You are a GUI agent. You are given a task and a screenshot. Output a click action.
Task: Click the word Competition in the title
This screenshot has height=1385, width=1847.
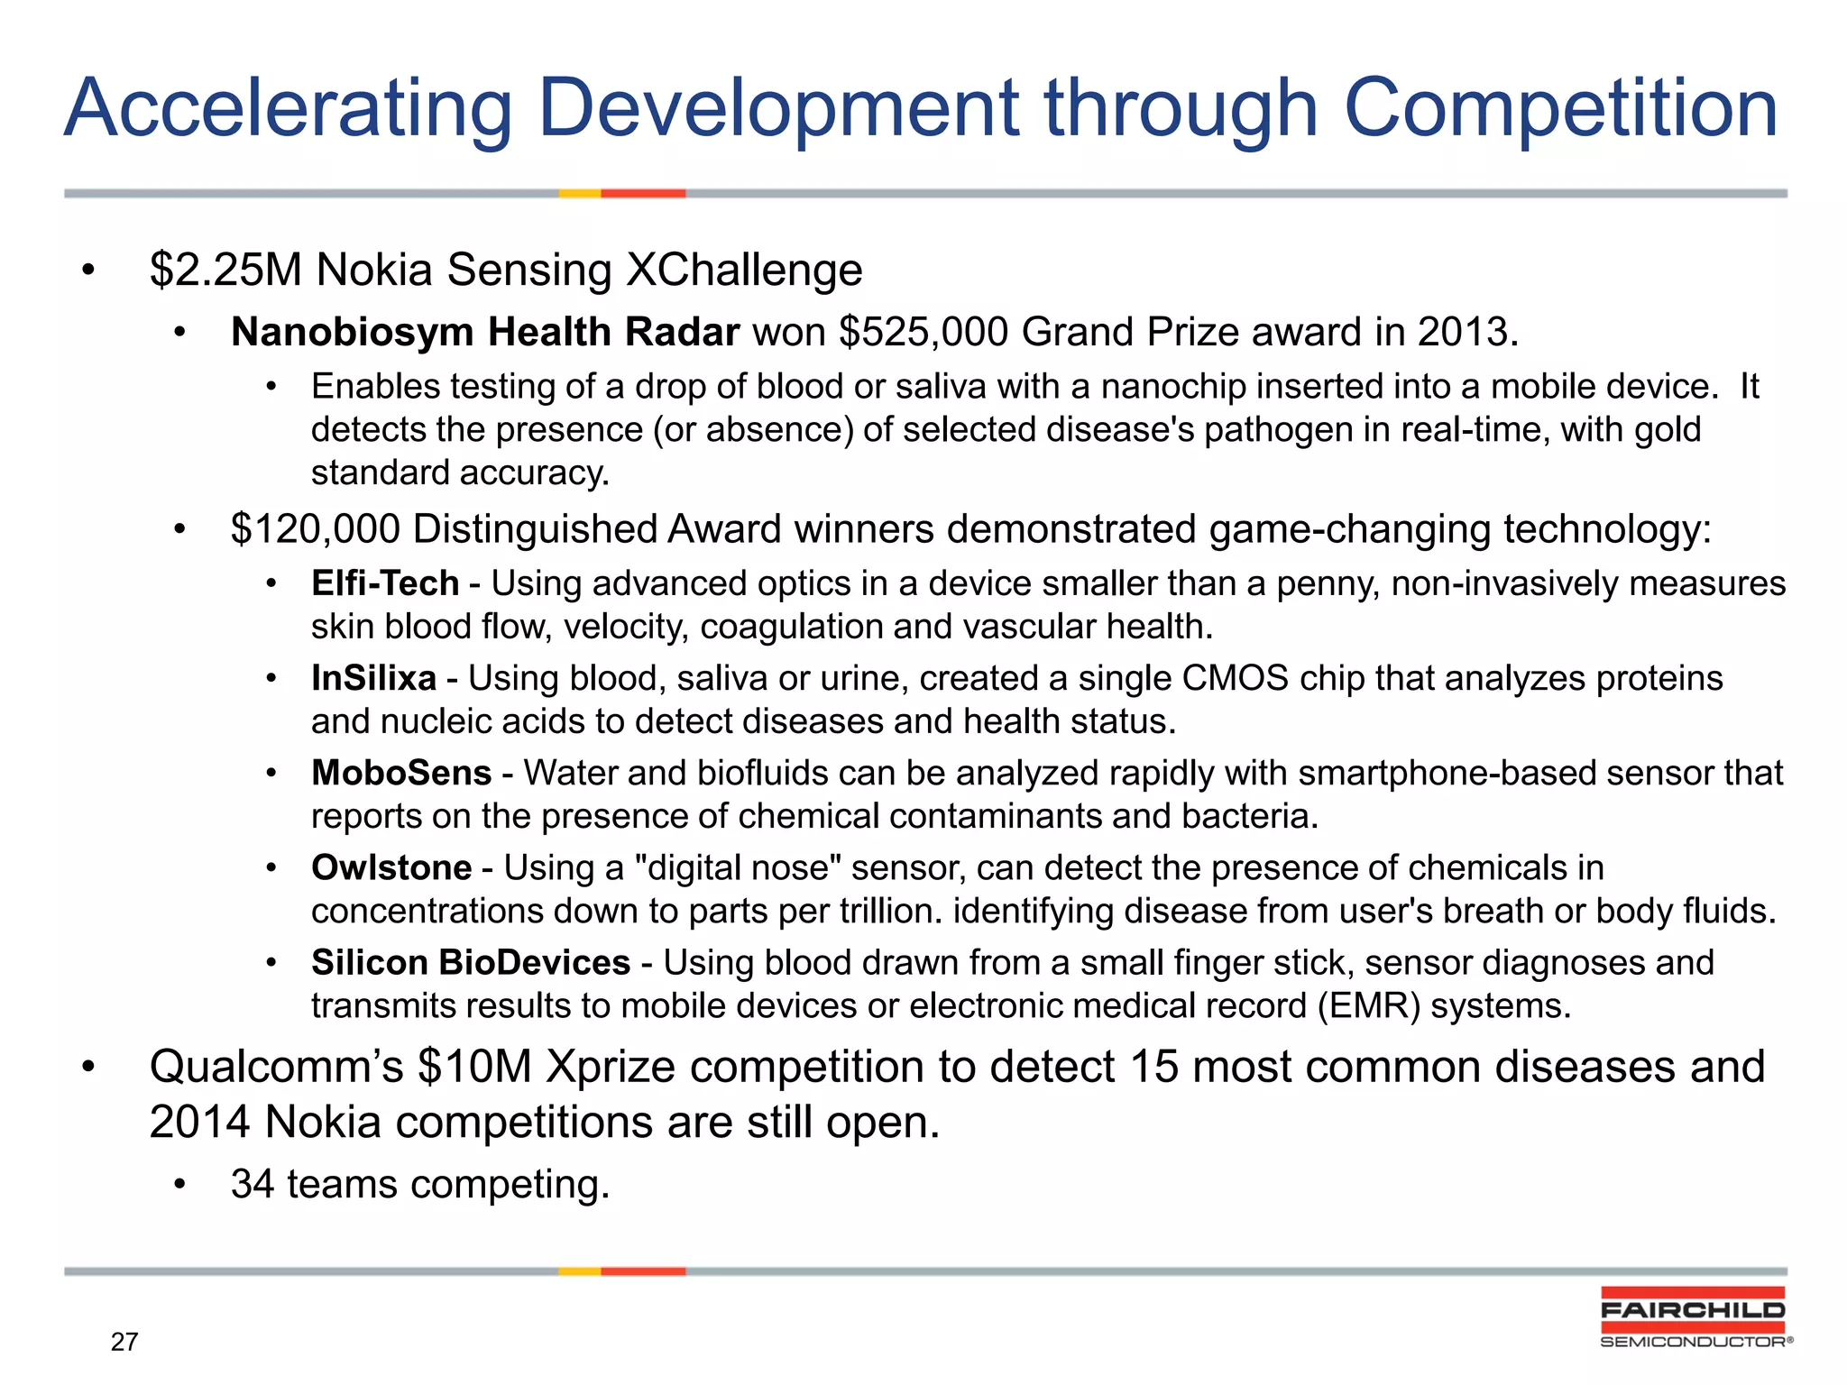pyautogui.click(x=1560, y=108)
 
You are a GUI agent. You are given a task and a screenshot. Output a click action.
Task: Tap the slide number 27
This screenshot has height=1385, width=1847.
pyautogui.click(x=124, y=1342)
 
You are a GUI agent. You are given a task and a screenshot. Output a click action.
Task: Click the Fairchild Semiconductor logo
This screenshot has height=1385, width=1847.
pyautogui.click(x=1693, y=1317)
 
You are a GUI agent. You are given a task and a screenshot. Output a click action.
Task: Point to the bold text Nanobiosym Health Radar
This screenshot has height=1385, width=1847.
pyautogui.click(x=484, y=333)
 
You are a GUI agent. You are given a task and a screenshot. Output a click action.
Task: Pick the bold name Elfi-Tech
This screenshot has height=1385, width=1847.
pyautogui.click(x=385, y=583)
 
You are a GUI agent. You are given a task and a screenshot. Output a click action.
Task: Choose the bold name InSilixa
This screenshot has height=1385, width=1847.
pyautogui.click(x=373, y=678)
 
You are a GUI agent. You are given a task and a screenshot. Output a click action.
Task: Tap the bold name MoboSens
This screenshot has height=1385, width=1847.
pyautogui.click(x=401, y=773)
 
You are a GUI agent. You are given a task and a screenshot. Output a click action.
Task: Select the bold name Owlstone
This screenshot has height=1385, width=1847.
pyautogui.click(x=391, y=867)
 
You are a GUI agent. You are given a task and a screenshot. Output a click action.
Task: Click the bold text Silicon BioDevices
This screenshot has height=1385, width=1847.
pyautogui.click(x=470, y=962)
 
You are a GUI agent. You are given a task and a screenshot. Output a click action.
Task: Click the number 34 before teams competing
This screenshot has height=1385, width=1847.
pyautogui.click(x=252, y=1184)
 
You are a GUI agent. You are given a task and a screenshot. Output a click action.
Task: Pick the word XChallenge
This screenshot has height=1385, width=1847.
pyautogui.click(x=744, y=270)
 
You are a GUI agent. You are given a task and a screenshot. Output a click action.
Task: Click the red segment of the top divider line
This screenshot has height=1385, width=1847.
pyautogui.click(x=643, y=193)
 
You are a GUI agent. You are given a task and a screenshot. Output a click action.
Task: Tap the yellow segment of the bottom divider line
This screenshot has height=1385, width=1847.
pyautogui.click(x=579, y=1271)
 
